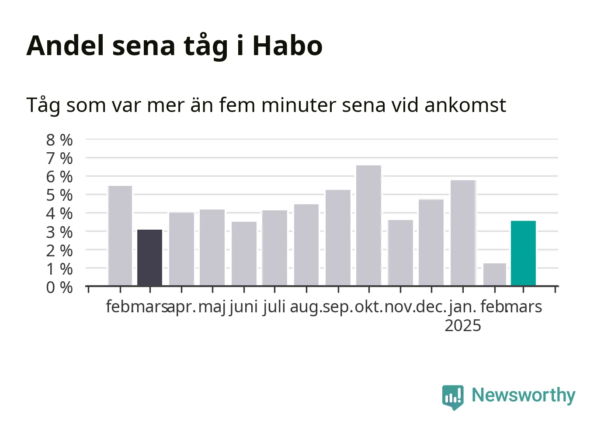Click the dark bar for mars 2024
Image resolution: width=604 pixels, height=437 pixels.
click(149, 258)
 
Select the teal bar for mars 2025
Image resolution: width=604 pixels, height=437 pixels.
click(523, 253)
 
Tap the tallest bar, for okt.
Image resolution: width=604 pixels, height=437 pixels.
click(368, 225)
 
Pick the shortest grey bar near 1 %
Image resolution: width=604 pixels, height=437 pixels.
click(495, 274)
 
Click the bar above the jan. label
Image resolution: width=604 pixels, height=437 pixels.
click(463, 233)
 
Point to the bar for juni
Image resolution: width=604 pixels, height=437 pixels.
click(244, 253)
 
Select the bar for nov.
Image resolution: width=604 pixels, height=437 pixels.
click(400, 253)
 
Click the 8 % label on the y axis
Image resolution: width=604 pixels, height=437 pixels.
click(59, 140)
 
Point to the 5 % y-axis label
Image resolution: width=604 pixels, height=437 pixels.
click(59, 195)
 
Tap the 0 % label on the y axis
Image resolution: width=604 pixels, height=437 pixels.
click(59, 287)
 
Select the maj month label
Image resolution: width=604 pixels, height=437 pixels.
click(212, 307)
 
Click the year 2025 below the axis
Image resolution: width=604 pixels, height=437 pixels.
click(463, 325)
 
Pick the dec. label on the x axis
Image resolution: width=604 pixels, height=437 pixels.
click(431, 307)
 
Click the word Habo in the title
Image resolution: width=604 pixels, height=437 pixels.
click(288, 45)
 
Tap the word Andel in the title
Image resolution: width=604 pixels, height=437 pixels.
click(65, 45)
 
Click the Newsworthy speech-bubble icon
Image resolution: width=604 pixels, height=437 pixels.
click(453, 397)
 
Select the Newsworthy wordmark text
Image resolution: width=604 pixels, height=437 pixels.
click(524, 396)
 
